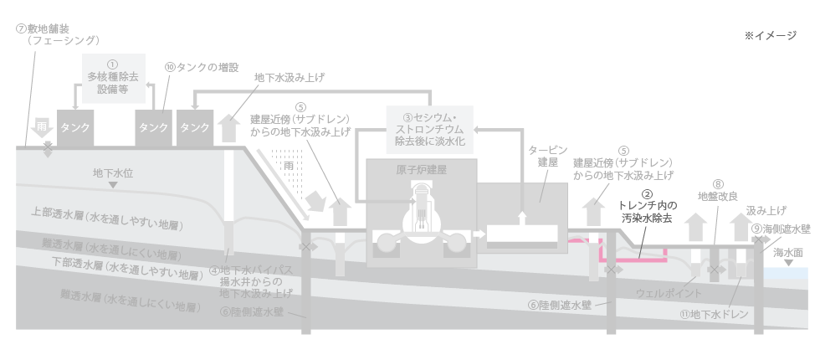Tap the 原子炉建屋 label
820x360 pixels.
[422, 168]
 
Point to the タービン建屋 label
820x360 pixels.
[542, 156]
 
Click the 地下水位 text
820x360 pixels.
[113, 173]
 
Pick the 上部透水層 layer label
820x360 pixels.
[106, 219]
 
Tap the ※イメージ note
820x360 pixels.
[770, 36]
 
